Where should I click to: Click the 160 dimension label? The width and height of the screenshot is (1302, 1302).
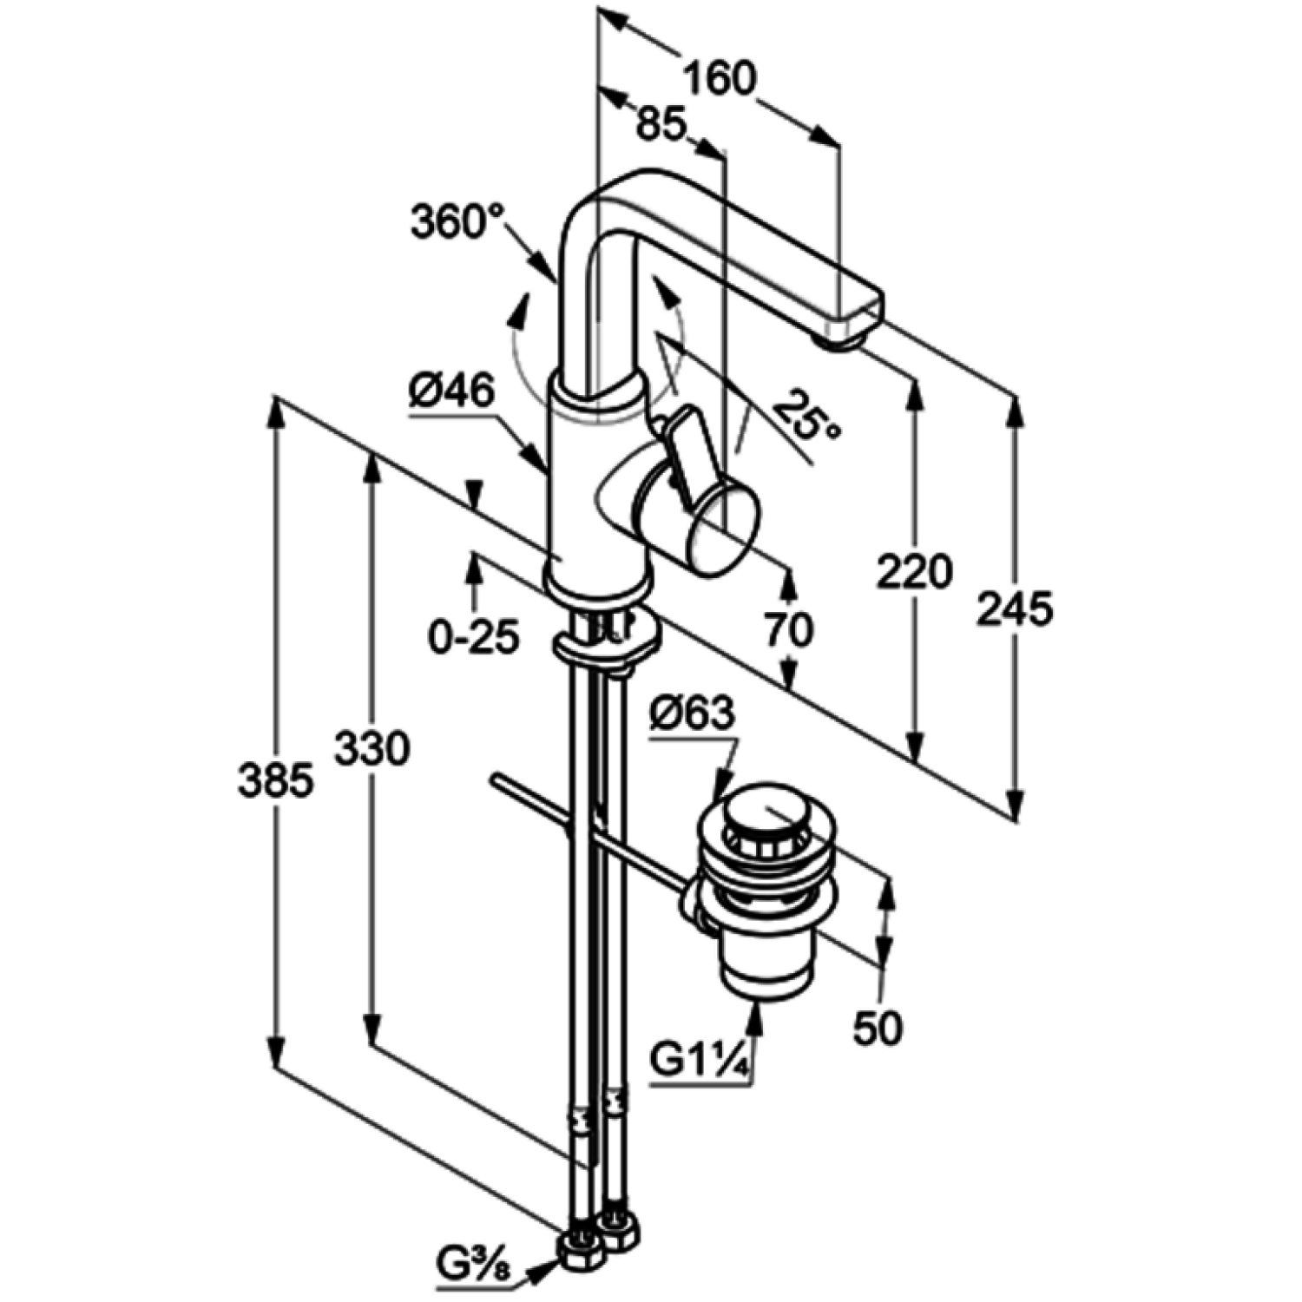click(x=720, y=78)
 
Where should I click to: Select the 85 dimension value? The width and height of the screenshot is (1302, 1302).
click(x=661, y=124)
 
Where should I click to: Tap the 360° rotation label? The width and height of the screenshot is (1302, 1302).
click(x=458, y=221)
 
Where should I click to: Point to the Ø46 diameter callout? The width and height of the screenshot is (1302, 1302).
click(x=451, y=392)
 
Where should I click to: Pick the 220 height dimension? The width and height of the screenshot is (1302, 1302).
click(x=914, y=573)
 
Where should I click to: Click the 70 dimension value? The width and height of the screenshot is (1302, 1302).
click(x=788, y=629)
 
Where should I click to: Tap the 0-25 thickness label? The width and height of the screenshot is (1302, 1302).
click(x=474, y=638)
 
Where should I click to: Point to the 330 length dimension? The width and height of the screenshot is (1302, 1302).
click(x=372, y=748)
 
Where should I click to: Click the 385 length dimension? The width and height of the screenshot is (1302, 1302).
click(x=275, y=781)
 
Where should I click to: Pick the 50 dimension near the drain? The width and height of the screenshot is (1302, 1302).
click(x=878, y=1029)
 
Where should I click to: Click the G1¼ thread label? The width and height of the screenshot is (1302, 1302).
click(x=700, y=1061)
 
